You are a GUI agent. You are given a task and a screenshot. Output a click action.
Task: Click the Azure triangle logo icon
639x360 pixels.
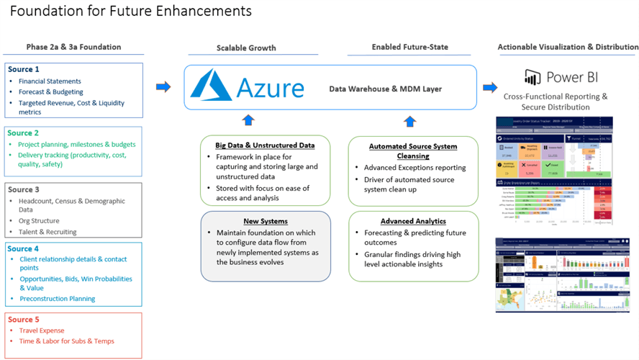tap(211, 85)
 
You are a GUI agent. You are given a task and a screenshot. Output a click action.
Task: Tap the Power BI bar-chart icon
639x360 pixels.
tap(532, 78)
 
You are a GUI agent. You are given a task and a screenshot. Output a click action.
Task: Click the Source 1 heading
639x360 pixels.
tap(23, 69)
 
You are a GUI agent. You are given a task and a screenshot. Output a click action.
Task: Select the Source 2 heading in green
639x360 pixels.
tap(23, 133)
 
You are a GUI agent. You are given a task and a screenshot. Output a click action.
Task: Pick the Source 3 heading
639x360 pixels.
tap(23, 190)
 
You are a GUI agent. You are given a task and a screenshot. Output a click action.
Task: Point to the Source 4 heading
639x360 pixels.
tap(23, 248)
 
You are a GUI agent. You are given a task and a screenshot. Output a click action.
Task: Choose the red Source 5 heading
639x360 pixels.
tap(23, 319)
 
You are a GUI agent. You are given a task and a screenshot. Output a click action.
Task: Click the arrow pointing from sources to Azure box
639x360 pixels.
tap(163, 87)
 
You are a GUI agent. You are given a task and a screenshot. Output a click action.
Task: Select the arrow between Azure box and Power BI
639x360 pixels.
tap(490, 87)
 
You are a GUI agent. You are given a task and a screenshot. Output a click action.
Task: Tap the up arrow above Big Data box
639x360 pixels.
tap(248, 120)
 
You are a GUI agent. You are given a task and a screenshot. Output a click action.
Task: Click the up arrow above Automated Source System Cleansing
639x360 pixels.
tap(409, 120)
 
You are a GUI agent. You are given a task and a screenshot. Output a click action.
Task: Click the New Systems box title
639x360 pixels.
tap(266, 221)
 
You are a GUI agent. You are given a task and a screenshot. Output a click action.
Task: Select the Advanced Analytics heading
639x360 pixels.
tap(413, 221)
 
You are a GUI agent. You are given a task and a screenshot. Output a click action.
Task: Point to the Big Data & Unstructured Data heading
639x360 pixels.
tap(266, 145)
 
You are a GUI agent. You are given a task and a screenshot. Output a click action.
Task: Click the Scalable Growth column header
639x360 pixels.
tap(247, 48)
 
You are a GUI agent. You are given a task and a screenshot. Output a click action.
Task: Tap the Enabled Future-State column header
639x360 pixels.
tap(409, 47)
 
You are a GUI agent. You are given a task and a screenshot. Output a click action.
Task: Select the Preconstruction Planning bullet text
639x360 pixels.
tap(57, 299)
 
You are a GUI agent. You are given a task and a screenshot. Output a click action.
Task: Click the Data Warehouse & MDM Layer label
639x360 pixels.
tap(385, 89)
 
